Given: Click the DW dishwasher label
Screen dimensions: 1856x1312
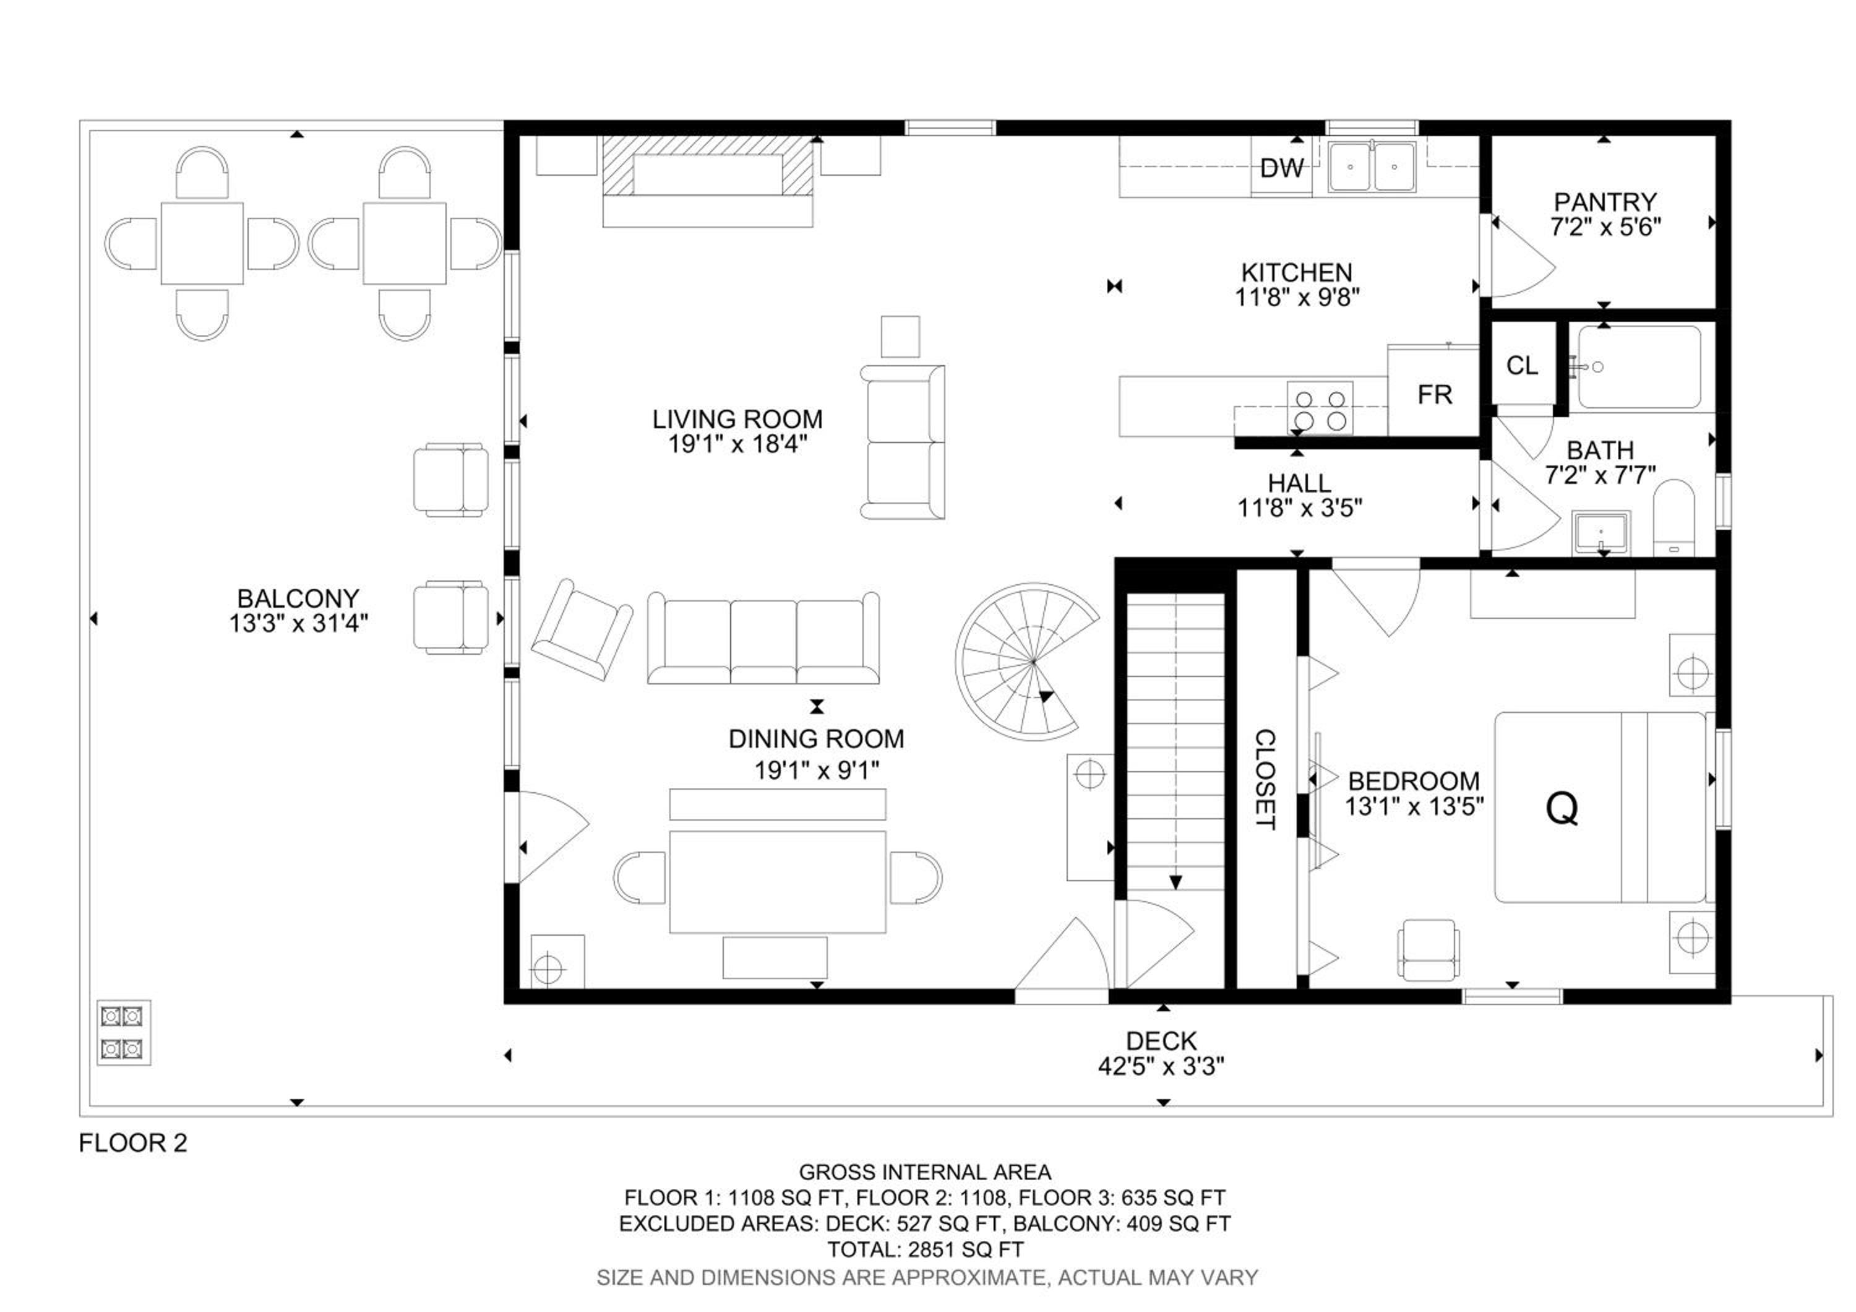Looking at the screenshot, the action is [x=1281, y=168].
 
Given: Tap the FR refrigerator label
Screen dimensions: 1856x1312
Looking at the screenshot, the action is [x=1435, y=394].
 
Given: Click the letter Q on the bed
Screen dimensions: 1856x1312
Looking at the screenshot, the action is [x=1561, y=808].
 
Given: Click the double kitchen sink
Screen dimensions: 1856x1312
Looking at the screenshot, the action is [x=1372, y=166].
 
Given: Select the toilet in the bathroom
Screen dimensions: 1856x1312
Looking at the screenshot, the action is [x=1673, y=518].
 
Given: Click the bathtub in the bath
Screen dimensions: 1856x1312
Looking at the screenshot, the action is [x=1639, y=367].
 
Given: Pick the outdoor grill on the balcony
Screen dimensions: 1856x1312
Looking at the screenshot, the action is [x=124, y=1032].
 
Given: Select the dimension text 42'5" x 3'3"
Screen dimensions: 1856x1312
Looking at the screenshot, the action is [x=1161, y=1066].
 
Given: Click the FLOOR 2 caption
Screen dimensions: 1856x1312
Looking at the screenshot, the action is [x=132, y=1142].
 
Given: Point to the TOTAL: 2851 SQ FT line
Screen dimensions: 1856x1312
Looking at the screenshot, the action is [x=926, y=1249].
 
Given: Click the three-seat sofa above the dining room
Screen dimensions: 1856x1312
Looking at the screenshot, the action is [x=763, y=638].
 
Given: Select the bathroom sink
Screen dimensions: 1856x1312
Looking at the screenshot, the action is [x=1600, y=533].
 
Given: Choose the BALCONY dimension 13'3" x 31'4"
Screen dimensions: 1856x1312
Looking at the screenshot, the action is [x=298, y=623].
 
